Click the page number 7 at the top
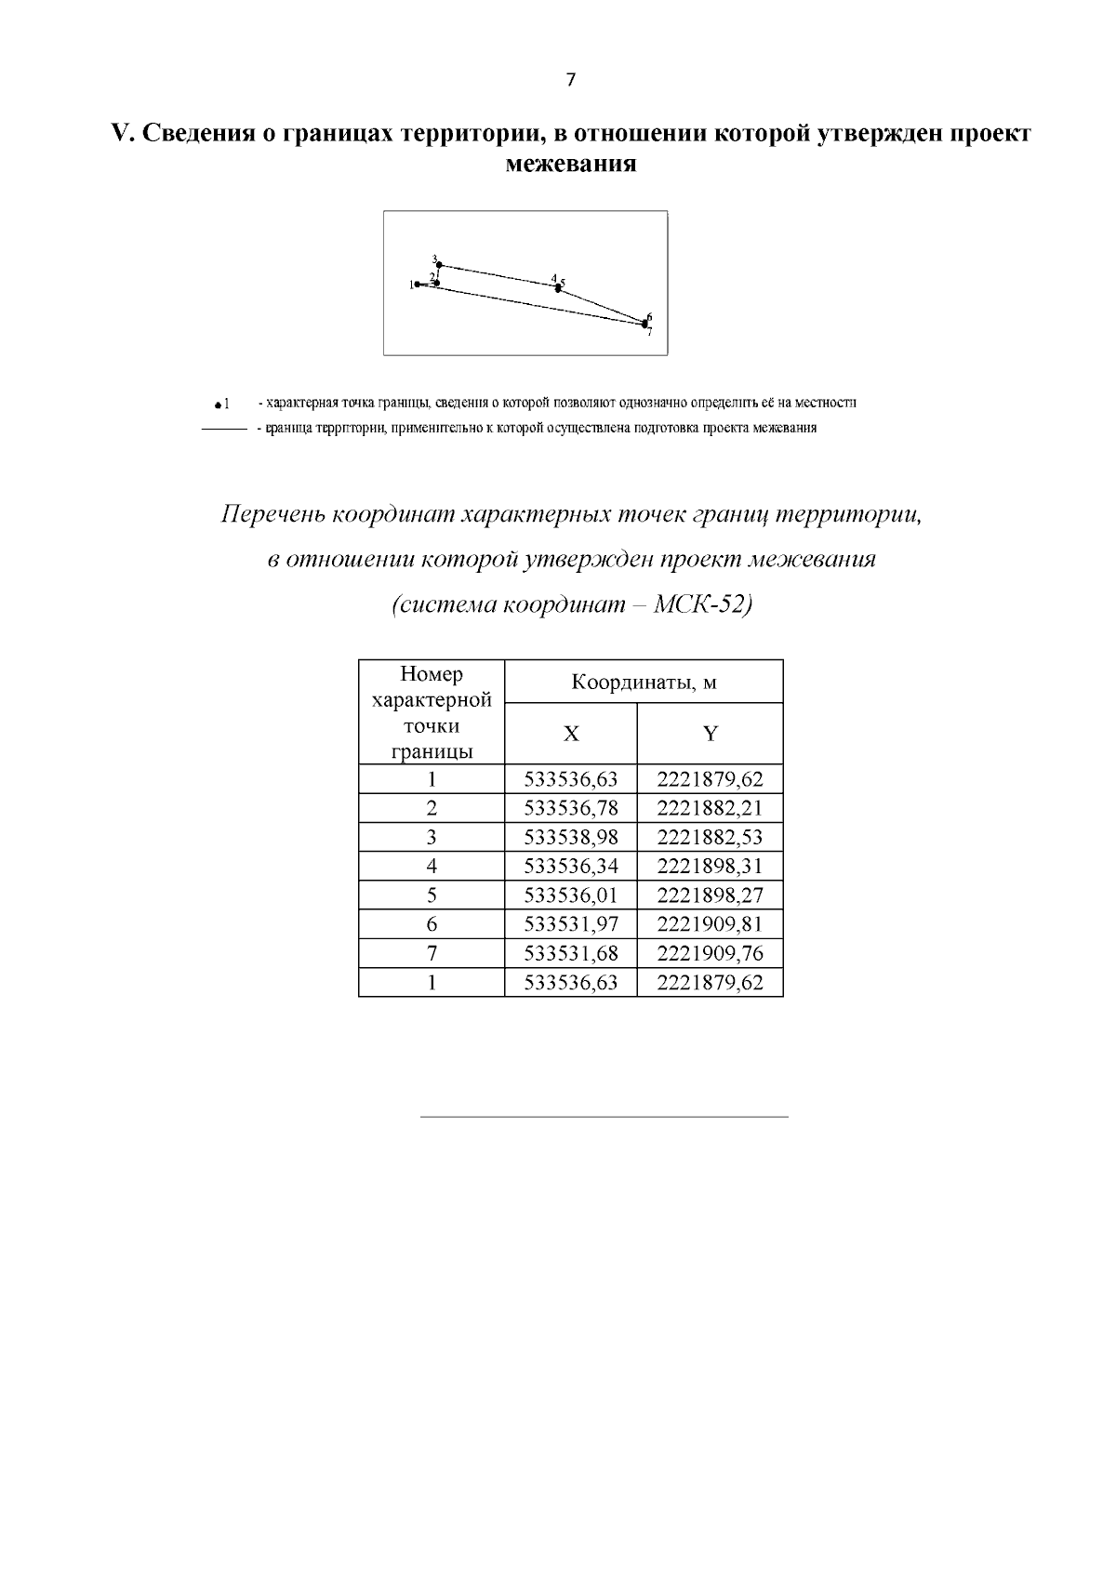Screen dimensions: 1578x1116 (570, 80)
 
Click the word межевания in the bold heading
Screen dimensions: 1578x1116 (570, 165)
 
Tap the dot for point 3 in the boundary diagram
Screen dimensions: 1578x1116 (439, 264)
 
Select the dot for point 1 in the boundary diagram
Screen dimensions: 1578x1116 (418, 285)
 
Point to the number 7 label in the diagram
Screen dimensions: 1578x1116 (650, 332)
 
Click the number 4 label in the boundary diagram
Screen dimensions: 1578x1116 (553, 278)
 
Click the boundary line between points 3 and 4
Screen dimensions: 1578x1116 (498, 275)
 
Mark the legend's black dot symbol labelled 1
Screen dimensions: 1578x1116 (216, 405)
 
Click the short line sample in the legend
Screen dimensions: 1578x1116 (224, 430)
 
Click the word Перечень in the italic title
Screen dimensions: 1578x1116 (272, 515)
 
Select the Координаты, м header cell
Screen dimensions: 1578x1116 (644, 683)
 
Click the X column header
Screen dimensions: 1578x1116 (571, 735)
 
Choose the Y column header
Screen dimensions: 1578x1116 (710, 735)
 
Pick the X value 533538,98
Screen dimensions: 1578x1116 (571, 837)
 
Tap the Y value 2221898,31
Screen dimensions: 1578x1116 (710, 867)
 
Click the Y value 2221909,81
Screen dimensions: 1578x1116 (710, 924)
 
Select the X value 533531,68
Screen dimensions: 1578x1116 (571, 954)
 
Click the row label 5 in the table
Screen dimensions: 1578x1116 (432, 895)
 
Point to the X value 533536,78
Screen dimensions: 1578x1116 (571, 808)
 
